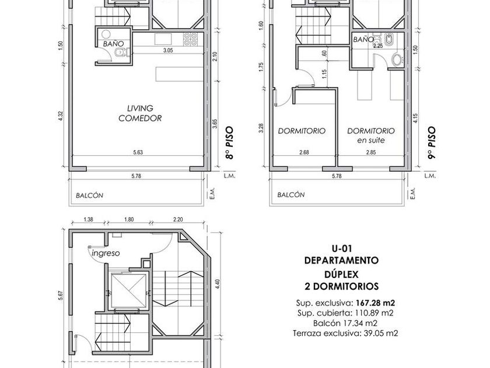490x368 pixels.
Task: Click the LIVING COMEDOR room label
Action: [140, 113]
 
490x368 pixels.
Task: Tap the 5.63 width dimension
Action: [138, 152]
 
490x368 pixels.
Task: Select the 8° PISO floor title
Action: [230, 143]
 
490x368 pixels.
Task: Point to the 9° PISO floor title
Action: [432, 143]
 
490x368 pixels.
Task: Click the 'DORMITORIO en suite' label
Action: [371, 135]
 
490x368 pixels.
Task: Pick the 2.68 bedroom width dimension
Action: [304, 152]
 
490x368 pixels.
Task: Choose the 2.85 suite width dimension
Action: [370, 152]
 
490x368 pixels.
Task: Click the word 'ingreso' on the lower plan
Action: [106, 253]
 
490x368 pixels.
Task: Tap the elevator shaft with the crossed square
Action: [129, 291]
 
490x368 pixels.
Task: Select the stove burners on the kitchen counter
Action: [190, 39]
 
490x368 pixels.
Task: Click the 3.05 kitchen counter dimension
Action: [168, 50]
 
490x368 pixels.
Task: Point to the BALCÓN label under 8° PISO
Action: [89, 196]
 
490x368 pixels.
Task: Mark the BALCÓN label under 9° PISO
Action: [291, 195]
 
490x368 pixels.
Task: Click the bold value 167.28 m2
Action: [375, 303]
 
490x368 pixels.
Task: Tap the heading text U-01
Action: [342, 249]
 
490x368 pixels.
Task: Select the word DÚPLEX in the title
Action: [341, 274]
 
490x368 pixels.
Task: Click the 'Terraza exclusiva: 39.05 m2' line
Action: [345, 334]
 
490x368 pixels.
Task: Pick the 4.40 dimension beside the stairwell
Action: [218, 283]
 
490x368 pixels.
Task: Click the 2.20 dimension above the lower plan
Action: [178, 220]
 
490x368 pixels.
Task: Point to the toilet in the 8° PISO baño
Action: [120, 53]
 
